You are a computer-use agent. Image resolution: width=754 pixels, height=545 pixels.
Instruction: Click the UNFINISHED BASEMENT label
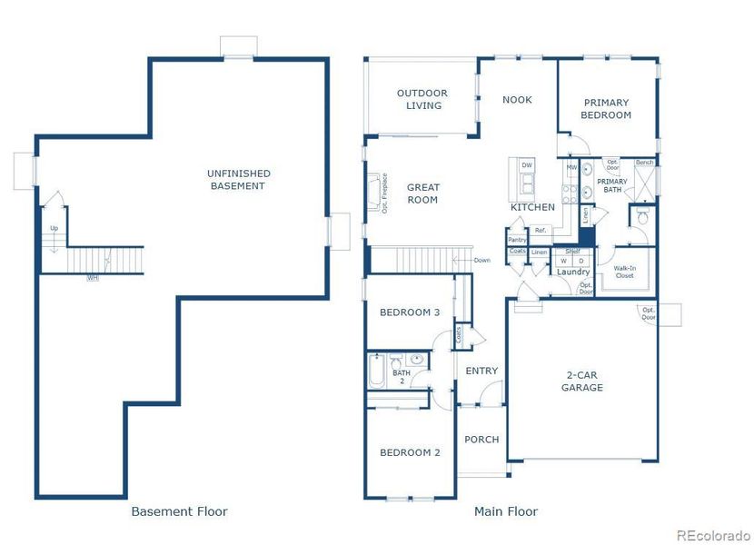[238, 179]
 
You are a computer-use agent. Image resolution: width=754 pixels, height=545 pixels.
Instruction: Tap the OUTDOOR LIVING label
[422, 99]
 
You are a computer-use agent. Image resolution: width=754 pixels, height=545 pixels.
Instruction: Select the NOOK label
[517, 100]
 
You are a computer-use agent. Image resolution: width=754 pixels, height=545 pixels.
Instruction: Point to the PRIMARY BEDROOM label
[606, 109]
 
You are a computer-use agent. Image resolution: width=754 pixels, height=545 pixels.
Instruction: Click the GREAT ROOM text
[422, 193]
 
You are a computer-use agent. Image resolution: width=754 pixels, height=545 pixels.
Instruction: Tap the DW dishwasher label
[526, 164]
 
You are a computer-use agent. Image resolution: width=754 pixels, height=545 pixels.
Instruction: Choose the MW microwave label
[571, 168]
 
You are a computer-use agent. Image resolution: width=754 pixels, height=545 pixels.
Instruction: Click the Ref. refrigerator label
[540, 231]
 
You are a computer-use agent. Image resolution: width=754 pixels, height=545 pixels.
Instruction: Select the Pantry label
[517, 240]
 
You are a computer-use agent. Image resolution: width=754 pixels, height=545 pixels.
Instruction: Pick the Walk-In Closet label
[624, 272]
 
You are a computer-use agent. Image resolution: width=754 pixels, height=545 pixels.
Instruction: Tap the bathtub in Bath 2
[377, 373]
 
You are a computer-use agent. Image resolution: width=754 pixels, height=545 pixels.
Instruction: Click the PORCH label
[481, 440]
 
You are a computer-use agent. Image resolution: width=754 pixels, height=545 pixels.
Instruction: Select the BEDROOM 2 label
[410, 452]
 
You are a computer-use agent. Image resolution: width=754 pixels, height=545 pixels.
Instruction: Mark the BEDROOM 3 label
[410, 312]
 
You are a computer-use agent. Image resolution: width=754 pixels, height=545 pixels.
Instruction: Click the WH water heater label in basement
[92, 278]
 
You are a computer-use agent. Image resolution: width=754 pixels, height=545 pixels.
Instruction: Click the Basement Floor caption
[179, 511]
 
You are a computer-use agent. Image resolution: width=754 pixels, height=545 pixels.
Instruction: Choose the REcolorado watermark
[712, 534]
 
